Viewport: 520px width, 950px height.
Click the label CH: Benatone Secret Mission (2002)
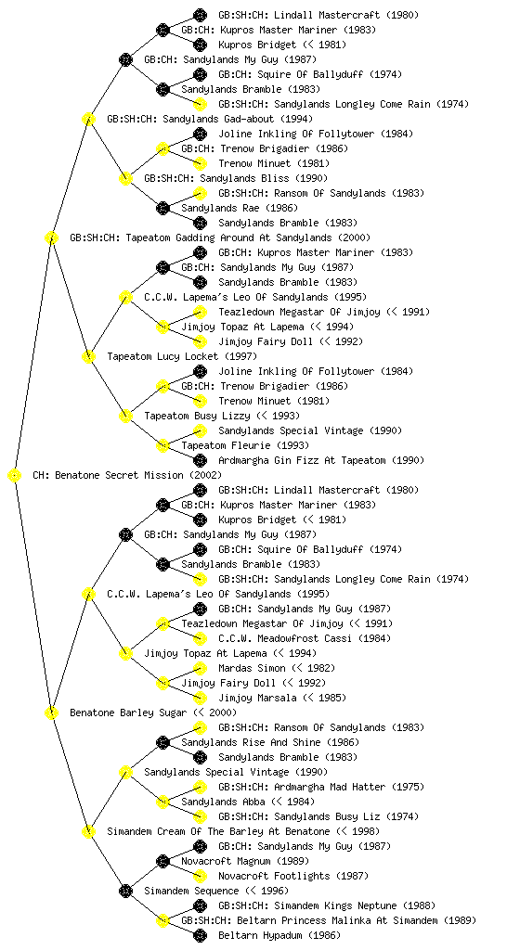click(127, 475)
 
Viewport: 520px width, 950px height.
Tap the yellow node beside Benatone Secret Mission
click(15, 476)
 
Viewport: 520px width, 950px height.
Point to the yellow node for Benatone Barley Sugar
click(51, 713)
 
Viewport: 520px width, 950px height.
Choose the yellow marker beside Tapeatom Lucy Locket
click(88, 357)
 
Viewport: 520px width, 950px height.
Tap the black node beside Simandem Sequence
click(125, 892)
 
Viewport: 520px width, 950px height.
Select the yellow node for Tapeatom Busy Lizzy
click(125, 417)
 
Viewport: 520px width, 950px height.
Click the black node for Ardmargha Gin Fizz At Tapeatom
click(200, 460)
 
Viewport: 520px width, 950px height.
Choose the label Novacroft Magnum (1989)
click(245, 861)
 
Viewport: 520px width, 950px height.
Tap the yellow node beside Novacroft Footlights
click(200, 876)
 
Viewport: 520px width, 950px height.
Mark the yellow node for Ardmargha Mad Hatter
click(200, 787)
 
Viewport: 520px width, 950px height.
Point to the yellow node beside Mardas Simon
click(200, 668)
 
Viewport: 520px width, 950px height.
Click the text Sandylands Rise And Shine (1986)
click(270, 742)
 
